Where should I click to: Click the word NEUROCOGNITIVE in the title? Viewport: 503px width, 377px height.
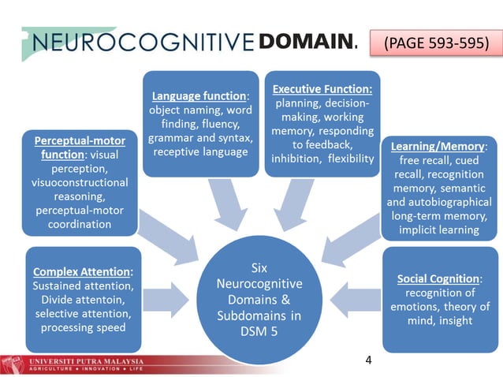tap(140, 42)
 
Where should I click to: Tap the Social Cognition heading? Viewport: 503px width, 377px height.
tap(439, 278)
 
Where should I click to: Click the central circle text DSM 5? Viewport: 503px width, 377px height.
tap(259, 332)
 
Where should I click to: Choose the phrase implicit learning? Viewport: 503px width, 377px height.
tap(439, 230)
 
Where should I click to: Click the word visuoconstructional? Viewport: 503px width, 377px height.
tap(76, 183)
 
